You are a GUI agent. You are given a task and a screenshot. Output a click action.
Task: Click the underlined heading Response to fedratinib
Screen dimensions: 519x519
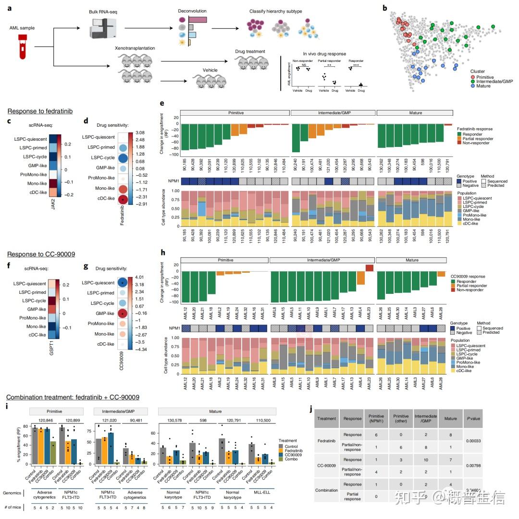pos(39,111)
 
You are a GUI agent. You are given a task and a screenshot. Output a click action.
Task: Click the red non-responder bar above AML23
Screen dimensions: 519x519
pos(369,268)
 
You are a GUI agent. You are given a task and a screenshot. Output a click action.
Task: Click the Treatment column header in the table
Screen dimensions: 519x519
pos(326,418)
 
